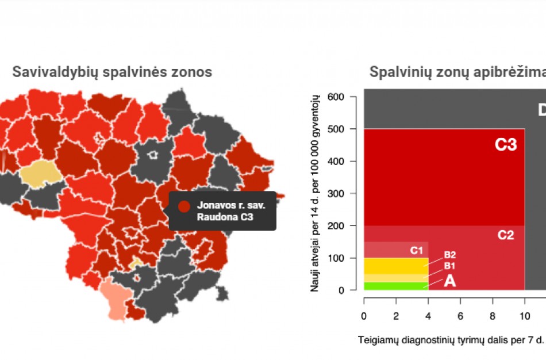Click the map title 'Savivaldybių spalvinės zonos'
(112, 72)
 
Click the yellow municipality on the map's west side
(40, 173)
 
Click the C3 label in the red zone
(506, 145)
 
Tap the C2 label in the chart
(506, 235)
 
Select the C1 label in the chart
(417, 251)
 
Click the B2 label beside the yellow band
(449, 255)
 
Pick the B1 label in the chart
(449, 266)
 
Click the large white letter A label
(449, 281)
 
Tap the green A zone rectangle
(395, 286)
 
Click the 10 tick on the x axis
(524, 316)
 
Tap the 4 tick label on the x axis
(428, 316)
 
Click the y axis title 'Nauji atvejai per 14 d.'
(315, 193)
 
